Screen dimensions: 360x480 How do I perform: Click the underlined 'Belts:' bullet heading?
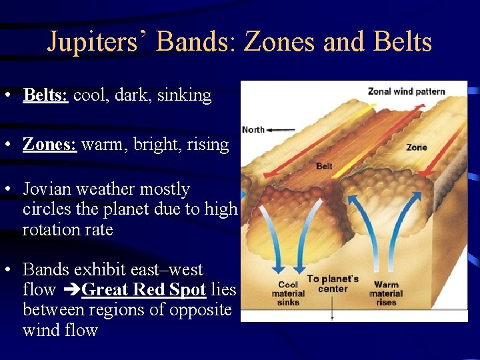45,95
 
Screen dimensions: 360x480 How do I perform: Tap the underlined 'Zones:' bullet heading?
50,144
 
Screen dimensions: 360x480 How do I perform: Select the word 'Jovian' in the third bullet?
48,189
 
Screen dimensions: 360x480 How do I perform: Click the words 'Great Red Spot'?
143,289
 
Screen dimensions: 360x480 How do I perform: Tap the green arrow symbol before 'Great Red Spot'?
71,290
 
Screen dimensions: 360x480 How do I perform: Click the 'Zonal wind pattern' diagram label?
406,91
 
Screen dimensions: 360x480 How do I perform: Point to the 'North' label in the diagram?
253,129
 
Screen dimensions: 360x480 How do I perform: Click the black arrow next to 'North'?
281,129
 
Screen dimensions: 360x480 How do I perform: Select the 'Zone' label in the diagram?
417,147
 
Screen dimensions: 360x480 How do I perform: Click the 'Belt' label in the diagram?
324,166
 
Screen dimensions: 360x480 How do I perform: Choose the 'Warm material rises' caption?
386,293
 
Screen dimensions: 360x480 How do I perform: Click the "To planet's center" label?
333,283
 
